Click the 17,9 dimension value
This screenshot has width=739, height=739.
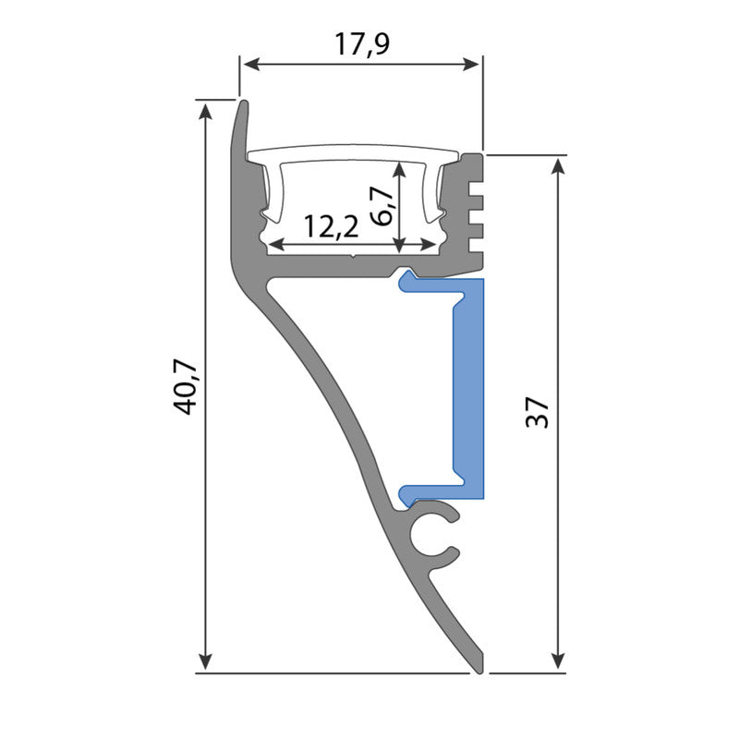361,43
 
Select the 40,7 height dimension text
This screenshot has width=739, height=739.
186,387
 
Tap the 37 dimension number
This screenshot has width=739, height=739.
539,412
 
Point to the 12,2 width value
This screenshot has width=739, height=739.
331,227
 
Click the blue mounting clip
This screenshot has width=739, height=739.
468,388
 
